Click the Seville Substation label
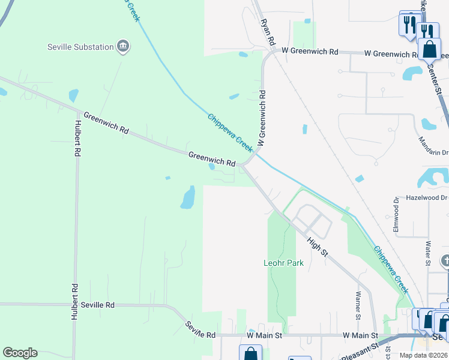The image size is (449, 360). (81, 47)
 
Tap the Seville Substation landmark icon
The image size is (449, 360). (123, 47)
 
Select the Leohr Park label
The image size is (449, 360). (283, 263)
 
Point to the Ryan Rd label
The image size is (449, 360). (267, 33)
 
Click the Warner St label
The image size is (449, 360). (358, 305)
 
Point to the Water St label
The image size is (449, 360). (427, 253)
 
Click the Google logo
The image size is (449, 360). (20, 353)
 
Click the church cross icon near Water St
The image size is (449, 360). (445, 261)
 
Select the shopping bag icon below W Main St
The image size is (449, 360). (250, 353)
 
